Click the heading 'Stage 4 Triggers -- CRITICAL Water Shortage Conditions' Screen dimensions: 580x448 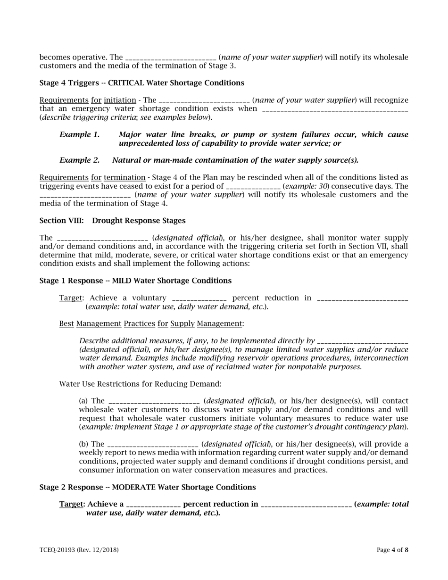click(141, 83)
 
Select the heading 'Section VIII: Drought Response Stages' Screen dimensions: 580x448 click(112, 221)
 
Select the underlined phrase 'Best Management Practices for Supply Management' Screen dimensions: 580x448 click(151, 323)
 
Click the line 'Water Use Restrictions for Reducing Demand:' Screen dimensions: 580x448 click(140, 384)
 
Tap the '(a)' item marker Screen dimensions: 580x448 click(83, 401)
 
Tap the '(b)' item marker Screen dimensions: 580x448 click(83, 444)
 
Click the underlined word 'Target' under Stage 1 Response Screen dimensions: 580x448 click(70, 298)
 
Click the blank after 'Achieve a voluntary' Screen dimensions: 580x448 click(199, 298)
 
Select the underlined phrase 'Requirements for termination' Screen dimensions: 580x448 click(92, 178)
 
